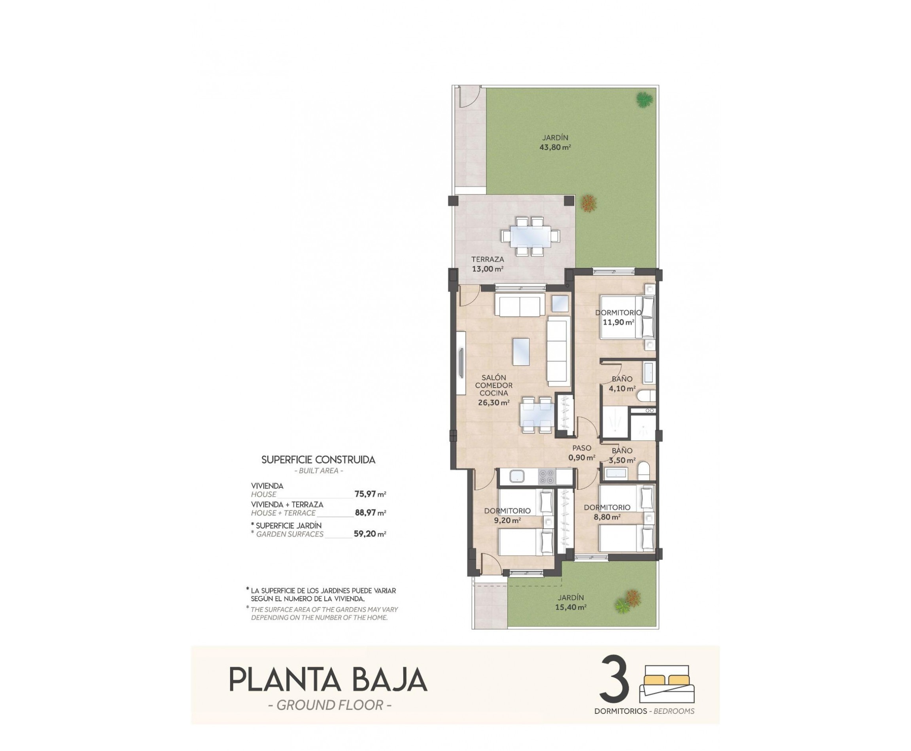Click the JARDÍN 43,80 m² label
(554, 142)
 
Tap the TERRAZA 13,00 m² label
(487, 264)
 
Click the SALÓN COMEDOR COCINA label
(493, 390)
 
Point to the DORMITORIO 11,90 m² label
(618, 317)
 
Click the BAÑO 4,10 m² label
(622, 384)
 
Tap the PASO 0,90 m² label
(581, 453)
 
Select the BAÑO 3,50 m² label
(622, 455)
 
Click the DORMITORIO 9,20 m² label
(507, 516)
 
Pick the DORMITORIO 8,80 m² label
(607, 512)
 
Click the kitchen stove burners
(546, 476)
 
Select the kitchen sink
(517, 477)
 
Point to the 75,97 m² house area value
(370, 494)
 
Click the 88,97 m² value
(370, 513)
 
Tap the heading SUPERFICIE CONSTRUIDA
(318, 460)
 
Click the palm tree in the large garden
(644, 100)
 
